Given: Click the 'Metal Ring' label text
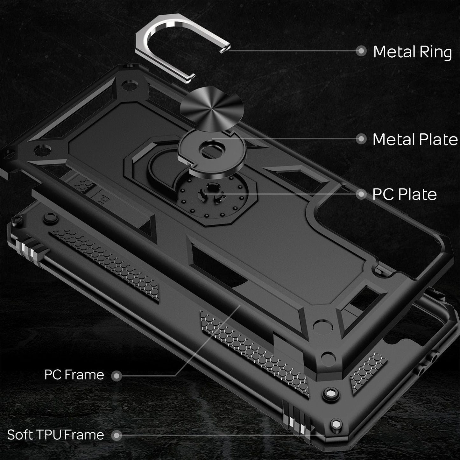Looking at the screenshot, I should (412, 52).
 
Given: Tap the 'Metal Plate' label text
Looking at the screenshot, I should (415, 139).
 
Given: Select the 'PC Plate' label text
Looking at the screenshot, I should (404, 195).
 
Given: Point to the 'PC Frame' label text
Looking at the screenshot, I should (74, 375).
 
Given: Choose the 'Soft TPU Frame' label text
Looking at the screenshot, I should (55, 435).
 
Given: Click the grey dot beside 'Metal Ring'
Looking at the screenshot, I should (361, 51).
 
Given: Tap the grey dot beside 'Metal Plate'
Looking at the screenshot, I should (361, 139).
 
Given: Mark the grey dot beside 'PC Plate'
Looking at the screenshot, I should (361, 194).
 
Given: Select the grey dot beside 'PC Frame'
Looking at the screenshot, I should (117, 376).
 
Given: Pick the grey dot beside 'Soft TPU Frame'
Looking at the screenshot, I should (117, 435).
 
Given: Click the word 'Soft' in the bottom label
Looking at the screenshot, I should (20, 435).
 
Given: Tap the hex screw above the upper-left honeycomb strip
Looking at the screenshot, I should (50, 218).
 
